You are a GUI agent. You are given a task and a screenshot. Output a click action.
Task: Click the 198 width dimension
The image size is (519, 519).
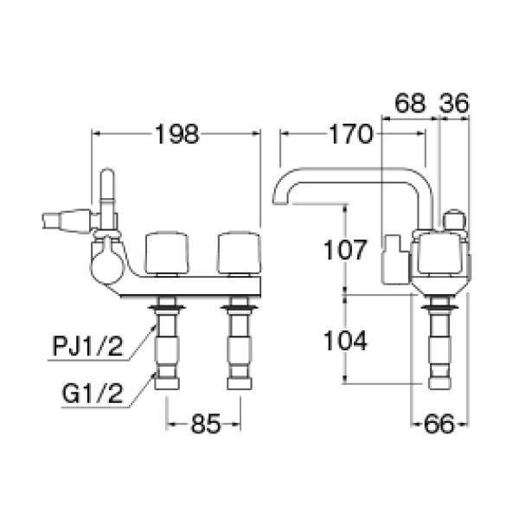point(176,133)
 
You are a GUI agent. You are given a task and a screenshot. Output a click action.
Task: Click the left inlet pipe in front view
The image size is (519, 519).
point(166,350)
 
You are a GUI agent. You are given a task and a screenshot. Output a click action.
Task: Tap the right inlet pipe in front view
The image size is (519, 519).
point(240,350)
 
